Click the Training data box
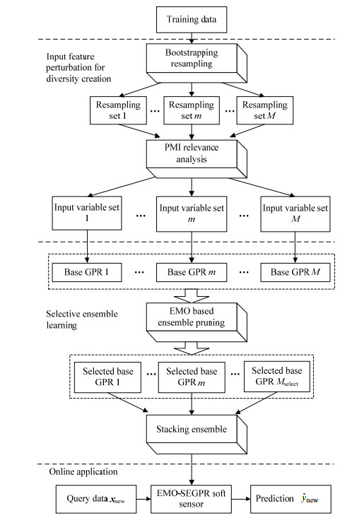pos(192,20)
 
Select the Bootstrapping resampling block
pos(196,63)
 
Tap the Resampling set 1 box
pos(118,110)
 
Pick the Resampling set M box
pos(265,110)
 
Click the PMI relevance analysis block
pos(196,158)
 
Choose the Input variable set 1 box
pos(87,213)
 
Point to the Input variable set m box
pos(192,213)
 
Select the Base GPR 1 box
pos(87,272)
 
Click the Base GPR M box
pos(295,272)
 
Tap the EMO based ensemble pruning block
pos(196,322)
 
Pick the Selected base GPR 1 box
pos(107,377)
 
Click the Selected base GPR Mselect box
pos(277,377)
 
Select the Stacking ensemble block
pos(196,434)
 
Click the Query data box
pos(96,499)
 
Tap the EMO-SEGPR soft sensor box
pos(192,499)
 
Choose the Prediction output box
pos(290,499)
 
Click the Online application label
pos(83,471)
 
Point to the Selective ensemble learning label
pos(82,319)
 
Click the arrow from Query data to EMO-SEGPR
pos(143,499)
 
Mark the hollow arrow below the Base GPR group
pos(192,296)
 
